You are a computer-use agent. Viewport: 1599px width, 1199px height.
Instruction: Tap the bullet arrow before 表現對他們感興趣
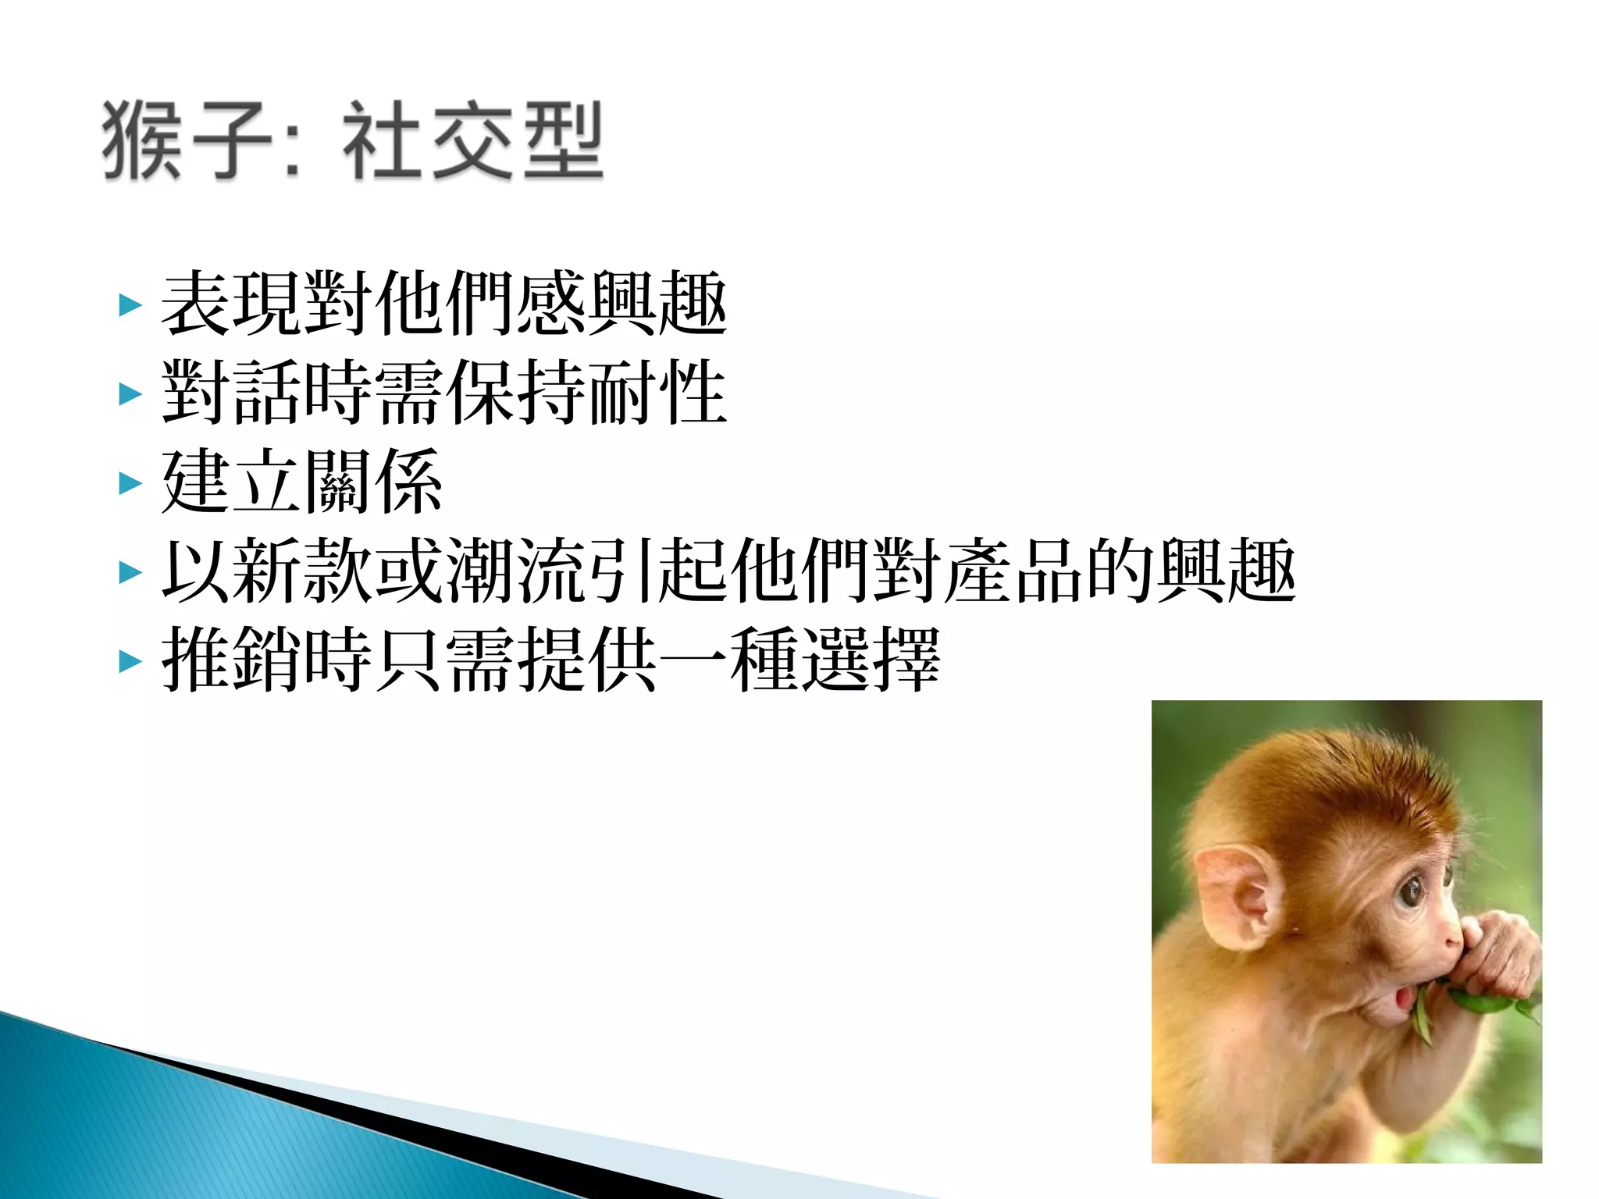point(130,305)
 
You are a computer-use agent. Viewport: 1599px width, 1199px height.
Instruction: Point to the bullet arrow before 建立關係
point(130,483)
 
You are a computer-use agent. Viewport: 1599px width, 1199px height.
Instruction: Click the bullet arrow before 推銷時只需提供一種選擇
point(130,662)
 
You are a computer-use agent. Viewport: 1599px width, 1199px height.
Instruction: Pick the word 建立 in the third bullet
point(231,482)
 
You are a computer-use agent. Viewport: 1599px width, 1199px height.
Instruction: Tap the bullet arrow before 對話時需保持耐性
point(130,394)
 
